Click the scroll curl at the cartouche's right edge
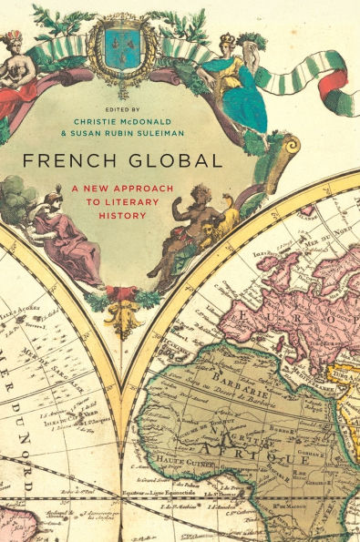coord(289,148)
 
